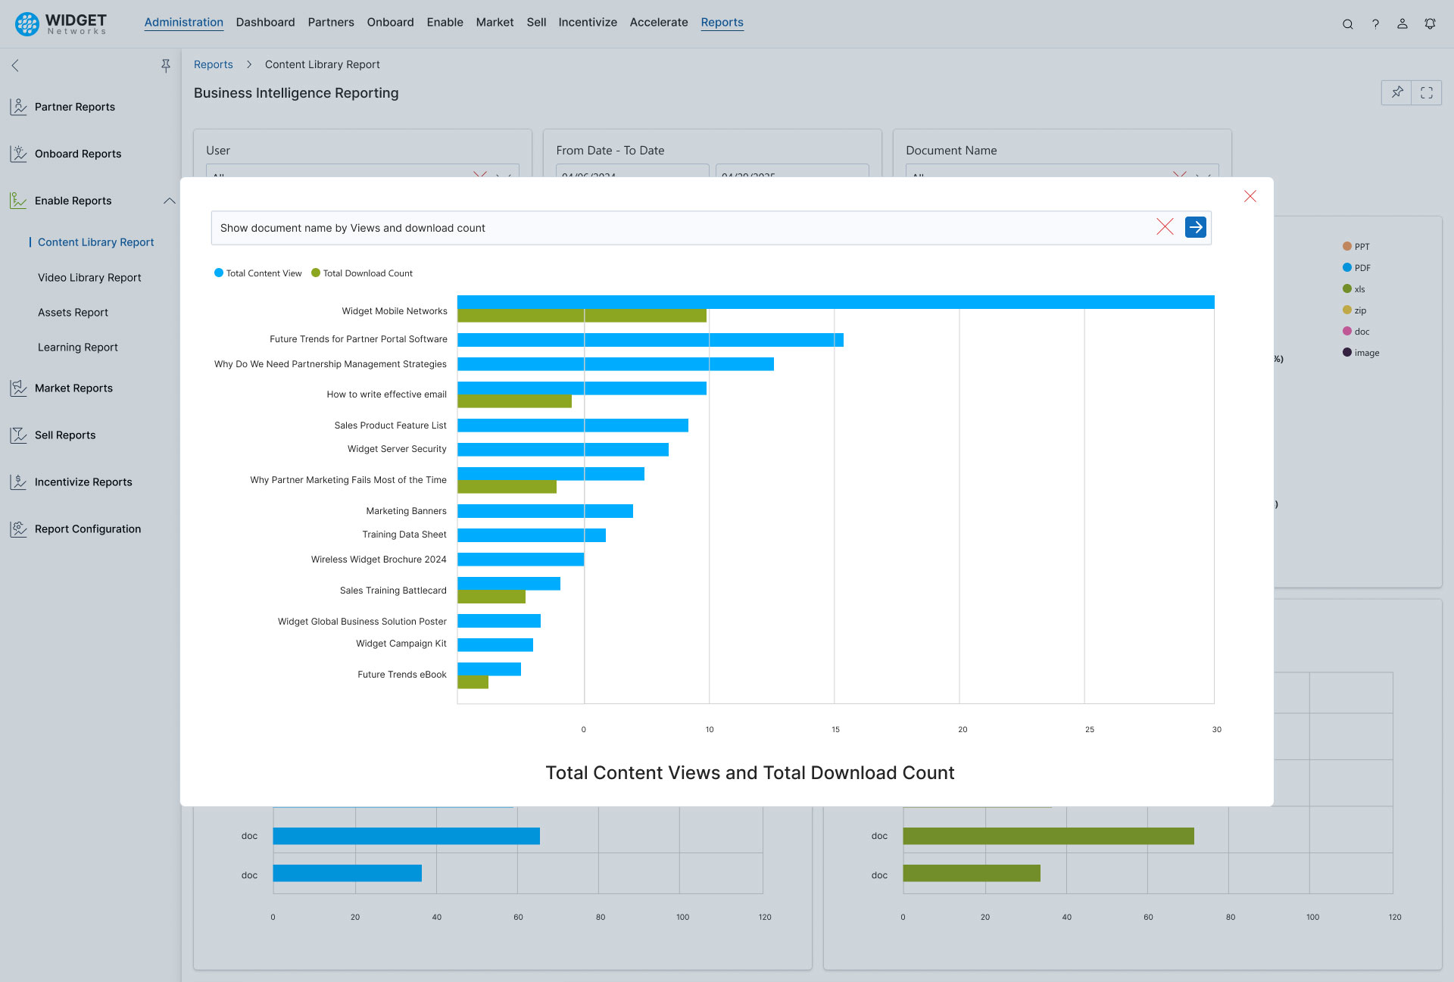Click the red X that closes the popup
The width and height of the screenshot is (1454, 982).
point(1250,197)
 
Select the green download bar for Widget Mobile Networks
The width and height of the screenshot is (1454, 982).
point(582,316)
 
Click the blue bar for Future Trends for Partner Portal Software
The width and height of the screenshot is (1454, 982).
point(650,340)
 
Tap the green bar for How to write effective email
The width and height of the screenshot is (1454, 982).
point(514,401)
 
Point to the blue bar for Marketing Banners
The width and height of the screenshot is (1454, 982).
point(544,511)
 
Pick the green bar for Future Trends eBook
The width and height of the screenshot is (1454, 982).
point(473,682)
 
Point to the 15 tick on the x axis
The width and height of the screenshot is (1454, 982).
point(835,730)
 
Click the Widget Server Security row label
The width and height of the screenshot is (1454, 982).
point(397,449)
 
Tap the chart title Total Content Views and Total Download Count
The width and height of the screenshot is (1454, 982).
point(749,772)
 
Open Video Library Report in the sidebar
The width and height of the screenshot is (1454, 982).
point(89,278)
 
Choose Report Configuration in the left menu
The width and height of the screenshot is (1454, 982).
point(87,529)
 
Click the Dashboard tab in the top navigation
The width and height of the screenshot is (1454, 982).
point(265,23)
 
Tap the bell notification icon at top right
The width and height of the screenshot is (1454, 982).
point(1429,23)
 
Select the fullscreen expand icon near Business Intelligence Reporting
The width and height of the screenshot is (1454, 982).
point(1426,92)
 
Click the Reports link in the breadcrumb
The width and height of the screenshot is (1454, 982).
point(213,65)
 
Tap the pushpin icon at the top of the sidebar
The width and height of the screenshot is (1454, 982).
point(165,66)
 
